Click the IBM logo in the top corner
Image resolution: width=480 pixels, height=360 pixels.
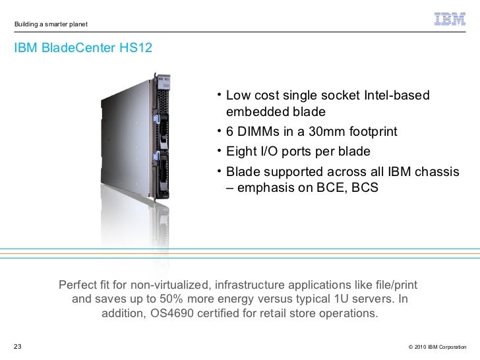tap(450, 20)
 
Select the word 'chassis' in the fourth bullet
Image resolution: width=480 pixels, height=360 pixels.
tap(436, 172)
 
